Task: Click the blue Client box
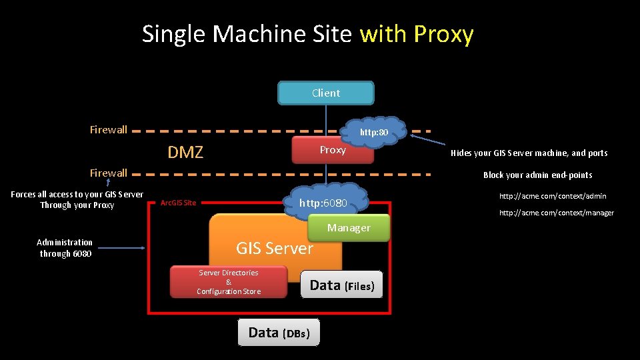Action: pos(325,93)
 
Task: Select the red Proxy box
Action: pos(332,150)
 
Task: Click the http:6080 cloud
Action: pos(323,203)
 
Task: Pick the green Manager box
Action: pos(349,228)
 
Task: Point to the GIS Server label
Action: pos(274,249)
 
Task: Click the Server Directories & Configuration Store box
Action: pos(229,282)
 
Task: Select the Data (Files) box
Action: pos(342,285)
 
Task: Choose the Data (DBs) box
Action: pos(279,333)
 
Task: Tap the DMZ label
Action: pos(185,153)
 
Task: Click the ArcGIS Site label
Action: pos(179,203)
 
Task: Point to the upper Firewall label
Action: pos(109,130)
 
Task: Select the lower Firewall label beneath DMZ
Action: pos(109,173)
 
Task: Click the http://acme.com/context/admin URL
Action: pos(553,196)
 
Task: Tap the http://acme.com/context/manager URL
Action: pos(557,213)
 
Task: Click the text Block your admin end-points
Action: pos(537,175)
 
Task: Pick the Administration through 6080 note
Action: pos(65,248)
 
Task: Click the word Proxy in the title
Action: pos(443,33)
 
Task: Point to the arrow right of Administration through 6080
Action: pos(121,248)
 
